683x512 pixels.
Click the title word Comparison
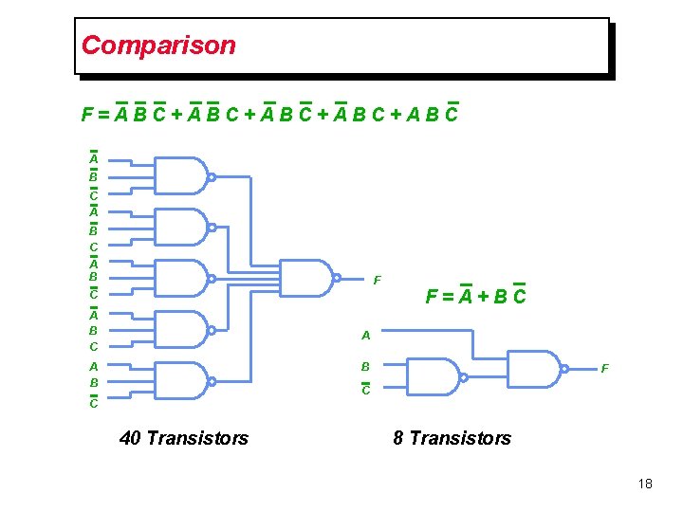[158, 45]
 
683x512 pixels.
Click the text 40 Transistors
[184, 437]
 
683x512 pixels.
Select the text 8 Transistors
[452, 437]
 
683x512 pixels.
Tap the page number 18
[645, 484]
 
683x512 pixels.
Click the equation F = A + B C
[475, 297]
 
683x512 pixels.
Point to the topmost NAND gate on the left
[180, 176]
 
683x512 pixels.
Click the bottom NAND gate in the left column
[180, 381]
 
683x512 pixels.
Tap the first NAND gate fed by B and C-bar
[432, 376]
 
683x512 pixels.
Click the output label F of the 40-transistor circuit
[378, 280]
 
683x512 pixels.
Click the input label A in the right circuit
[365, 335]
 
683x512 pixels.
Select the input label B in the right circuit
[365, 366]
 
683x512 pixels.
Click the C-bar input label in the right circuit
[365, 389]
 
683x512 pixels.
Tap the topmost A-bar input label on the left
[94, 159]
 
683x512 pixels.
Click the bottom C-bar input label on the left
[94, 403]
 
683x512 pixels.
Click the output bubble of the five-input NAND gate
[337, 279]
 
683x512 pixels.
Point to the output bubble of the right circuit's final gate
[564, 369]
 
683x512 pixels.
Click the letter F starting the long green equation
[87, 116]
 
